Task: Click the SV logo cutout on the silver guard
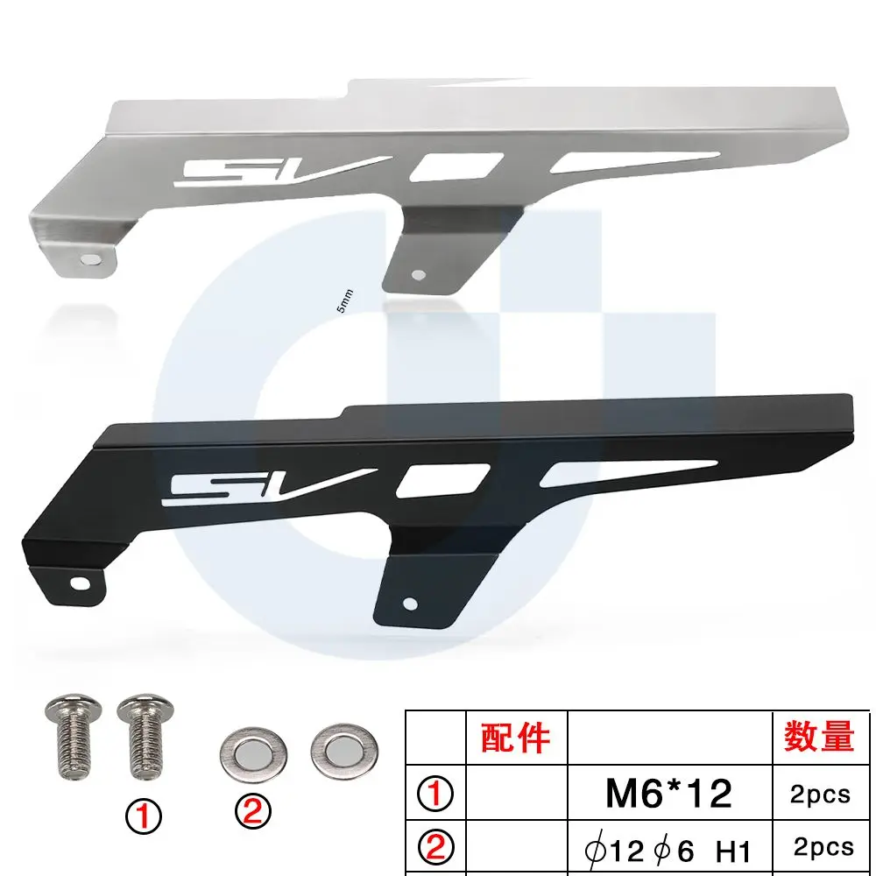point(279,171)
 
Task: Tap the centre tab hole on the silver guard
point(418,274)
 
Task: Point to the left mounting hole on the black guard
point(80,583)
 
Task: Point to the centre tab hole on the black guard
point(410,604)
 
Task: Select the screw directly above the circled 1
point(145,737)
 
